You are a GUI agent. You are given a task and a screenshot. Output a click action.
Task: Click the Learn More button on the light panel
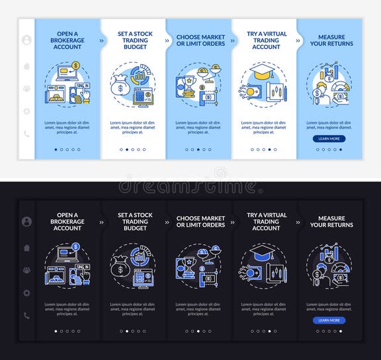pyautogui.click(x=329, y=138)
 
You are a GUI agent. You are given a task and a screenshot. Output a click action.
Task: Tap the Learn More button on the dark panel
pyautogui.click(x=329, y=320)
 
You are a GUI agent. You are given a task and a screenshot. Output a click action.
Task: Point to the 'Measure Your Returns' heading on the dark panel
pyautogui.click(x=331, y=222)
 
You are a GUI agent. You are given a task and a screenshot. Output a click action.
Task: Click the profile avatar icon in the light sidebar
pyautogui.click(x=26, y=40)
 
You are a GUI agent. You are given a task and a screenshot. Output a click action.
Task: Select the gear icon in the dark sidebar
pyautogui.click(x=26, y=292)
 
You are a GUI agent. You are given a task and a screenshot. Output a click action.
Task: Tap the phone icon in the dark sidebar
pyautogui.click(x=26, y=316)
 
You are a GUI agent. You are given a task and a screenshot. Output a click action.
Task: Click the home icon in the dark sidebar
pyautogui.click(x=26, y=247)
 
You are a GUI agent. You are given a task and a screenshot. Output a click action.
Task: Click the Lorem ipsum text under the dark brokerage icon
pyautogui.click(x=67, y=308)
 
